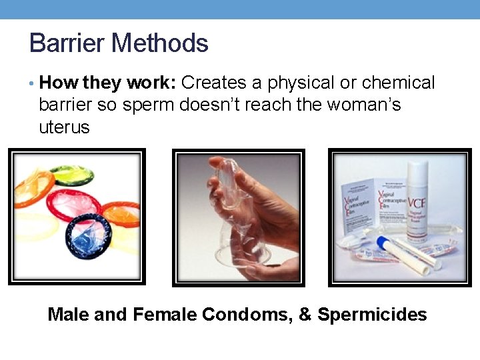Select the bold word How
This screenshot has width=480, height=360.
pos(58,83)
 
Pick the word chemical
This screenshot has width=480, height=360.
pos(398,83)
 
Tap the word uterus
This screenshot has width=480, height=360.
pos(64,127)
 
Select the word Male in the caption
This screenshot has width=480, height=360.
pos(69,315)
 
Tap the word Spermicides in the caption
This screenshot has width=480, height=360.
pos(372,315)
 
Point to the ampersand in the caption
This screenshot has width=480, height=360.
pos(305,315)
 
